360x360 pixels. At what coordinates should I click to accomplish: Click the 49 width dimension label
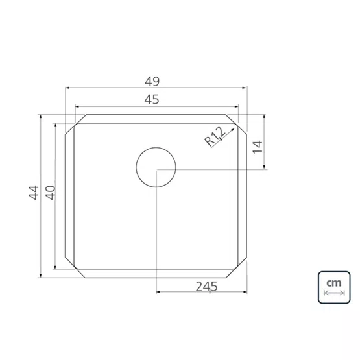tap(152, 81)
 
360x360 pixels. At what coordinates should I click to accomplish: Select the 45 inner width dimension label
tap(152, 100)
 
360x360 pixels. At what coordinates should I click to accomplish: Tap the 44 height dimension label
tap(34, 193)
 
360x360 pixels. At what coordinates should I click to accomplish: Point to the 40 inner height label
tap(51, 193)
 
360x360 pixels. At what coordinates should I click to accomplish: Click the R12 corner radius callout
tap(215, 137)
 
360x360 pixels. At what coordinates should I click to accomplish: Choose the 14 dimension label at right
tap(257, 147)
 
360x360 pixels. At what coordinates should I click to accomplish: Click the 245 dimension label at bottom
tap(206, 287)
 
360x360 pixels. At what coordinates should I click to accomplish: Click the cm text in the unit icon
tap(334, 283)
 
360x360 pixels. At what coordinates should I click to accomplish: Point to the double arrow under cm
tap(334, 293)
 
